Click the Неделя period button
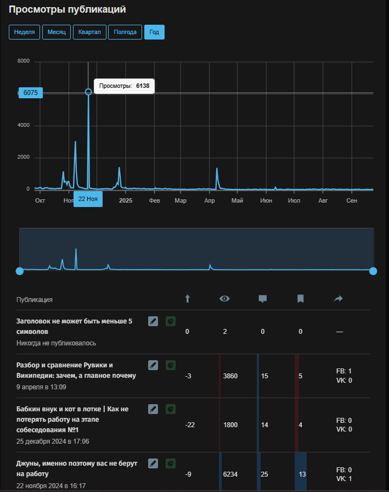click(25, 32)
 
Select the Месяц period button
click(57, 32)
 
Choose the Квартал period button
click(89, 32)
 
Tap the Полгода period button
click(125, 32)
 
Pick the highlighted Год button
click(154, 32)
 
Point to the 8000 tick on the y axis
click(23, 61)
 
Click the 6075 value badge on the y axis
click(31, 93)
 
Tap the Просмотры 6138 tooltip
click(124, 86)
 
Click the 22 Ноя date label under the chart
click(88, 199)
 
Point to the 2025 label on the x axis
click(126, 200)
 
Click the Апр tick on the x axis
click(209, 200)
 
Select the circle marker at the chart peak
click(88, 92)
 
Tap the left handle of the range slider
click(20, 271)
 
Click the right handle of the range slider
click(373, 271)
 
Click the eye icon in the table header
click(224, 299)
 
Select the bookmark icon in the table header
click(301, 299)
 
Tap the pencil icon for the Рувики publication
click(153, 365)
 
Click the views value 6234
click(231, 474)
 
